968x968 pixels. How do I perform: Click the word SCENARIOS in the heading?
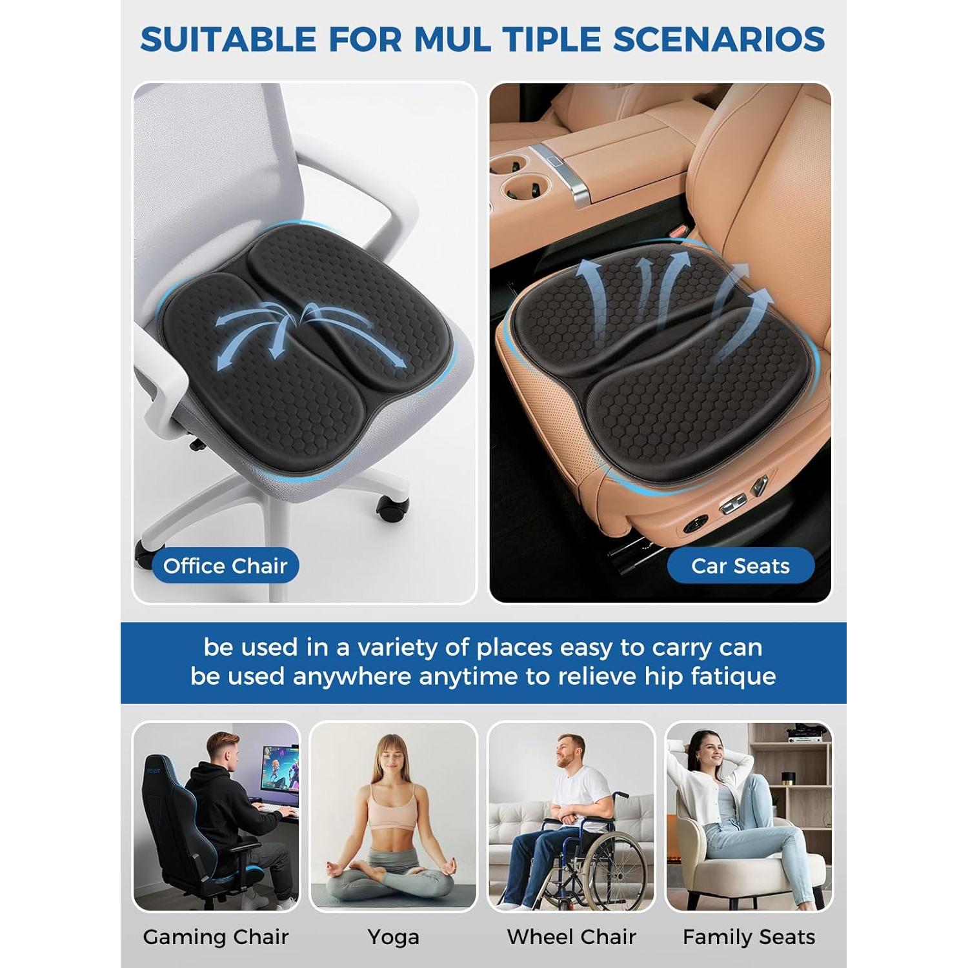point(719,39)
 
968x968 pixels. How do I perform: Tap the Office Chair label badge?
point(225,566)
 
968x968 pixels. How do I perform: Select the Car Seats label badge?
point(740,566)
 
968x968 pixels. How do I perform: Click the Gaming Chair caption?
point(216,937)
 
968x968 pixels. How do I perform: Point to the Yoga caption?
point(393,937)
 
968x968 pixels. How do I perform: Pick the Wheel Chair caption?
point(571,937)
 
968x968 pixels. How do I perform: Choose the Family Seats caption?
point(749,937)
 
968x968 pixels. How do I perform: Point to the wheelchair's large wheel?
point(613,868)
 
